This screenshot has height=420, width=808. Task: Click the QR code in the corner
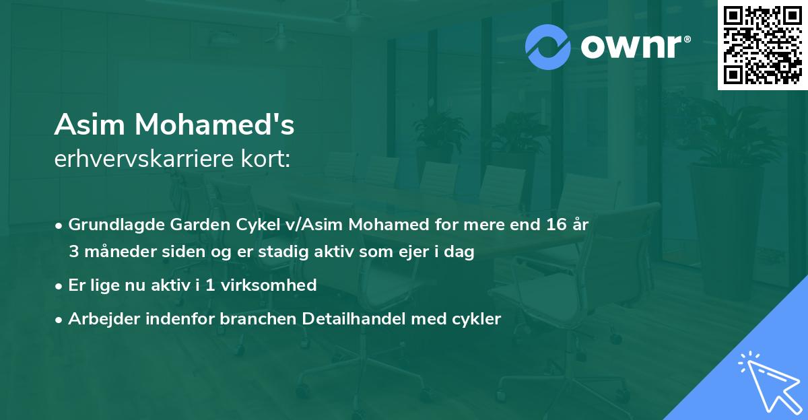point(763,45)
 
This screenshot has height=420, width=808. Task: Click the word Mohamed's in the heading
point(222,125)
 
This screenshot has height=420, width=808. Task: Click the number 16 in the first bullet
point(550,225)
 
